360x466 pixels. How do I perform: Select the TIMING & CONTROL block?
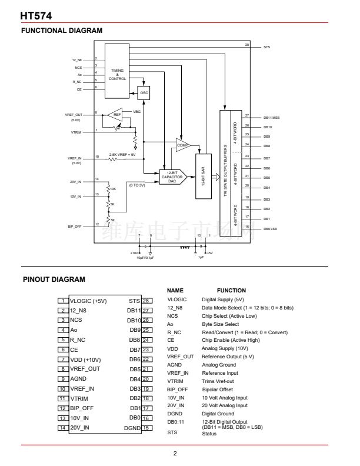tap(117, 75)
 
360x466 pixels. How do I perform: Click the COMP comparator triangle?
tap(183, 145)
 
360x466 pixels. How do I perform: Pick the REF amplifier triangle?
tap(117, 115)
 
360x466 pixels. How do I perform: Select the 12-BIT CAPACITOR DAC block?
tap(172, 177)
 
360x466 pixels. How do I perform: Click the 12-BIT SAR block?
tap(204, 175)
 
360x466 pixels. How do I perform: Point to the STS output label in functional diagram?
tap(267, 46)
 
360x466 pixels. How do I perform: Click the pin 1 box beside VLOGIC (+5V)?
tap(63, 300)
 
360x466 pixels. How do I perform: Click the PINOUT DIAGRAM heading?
tap(54, 279)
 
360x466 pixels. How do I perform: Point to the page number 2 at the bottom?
tap(175, 453)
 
